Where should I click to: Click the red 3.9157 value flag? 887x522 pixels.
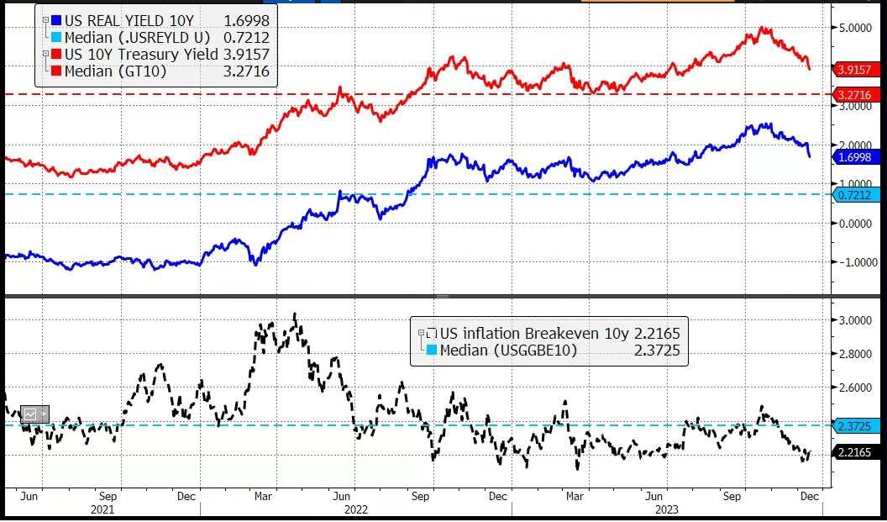854,69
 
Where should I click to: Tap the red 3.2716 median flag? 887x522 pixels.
854,95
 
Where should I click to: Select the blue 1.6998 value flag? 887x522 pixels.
854,156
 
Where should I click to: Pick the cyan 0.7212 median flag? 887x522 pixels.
854,195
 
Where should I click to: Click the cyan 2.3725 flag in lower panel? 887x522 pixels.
854,426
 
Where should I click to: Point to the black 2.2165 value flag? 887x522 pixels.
854,452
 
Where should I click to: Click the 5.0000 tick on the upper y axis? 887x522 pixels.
856,28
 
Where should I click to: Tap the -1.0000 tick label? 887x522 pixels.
856,262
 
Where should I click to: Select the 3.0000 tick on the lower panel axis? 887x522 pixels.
856,320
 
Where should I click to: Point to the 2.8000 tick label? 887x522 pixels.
856,354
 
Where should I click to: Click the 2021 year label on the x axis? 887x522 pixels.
102,509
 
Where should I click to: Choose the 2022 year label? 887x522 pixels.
355,509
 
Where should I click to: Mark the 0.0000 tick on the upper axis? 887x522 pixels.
856,224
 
